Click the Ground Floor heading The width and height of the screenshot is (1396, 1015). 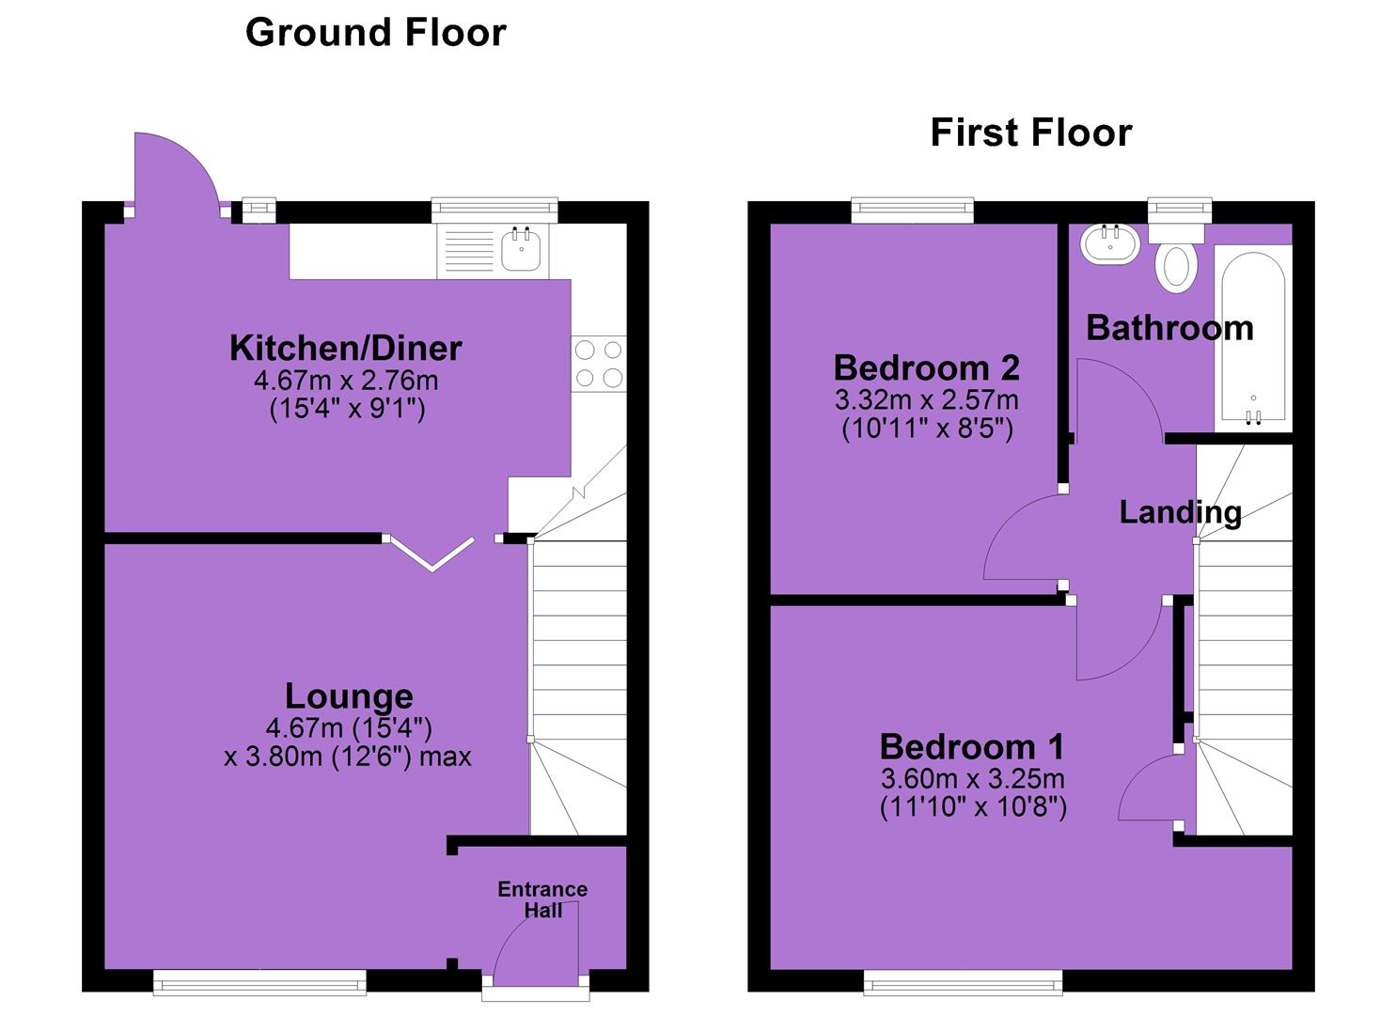coord(376,33)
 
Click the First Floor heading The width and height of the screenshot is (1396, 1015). coord(1031,133)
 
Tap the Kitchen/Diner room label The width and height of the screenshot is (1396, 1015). coord(346,348)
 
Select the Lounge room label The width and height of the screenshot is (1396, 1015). coord(349,696)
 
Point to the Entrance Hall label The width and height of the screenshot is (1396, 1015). coord(542,899)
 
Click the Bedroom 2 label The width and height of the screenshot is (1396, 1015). coord(927,367)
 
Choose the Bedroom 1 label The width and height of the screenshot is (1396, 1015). coord(972,746)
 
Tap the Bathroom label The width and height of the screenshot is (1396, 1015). coord(1169,328)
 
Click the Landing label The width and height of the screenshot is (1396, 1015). coord(1181,513)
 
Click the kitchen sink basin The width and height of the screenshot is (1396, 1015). coord(521,249)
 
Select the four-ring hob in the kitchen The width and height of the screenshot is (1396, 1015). coord(598,364)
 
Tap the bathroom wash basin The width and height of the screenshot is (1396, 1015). coord(1110,244)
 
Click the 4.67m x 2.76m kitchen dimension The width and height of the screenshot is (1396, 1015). coord(346,380)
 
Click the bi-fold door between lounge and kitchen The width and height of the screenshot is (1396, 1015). coord(432,554)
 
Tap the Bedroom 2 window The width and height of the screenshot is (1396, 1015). coord(913,210)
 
